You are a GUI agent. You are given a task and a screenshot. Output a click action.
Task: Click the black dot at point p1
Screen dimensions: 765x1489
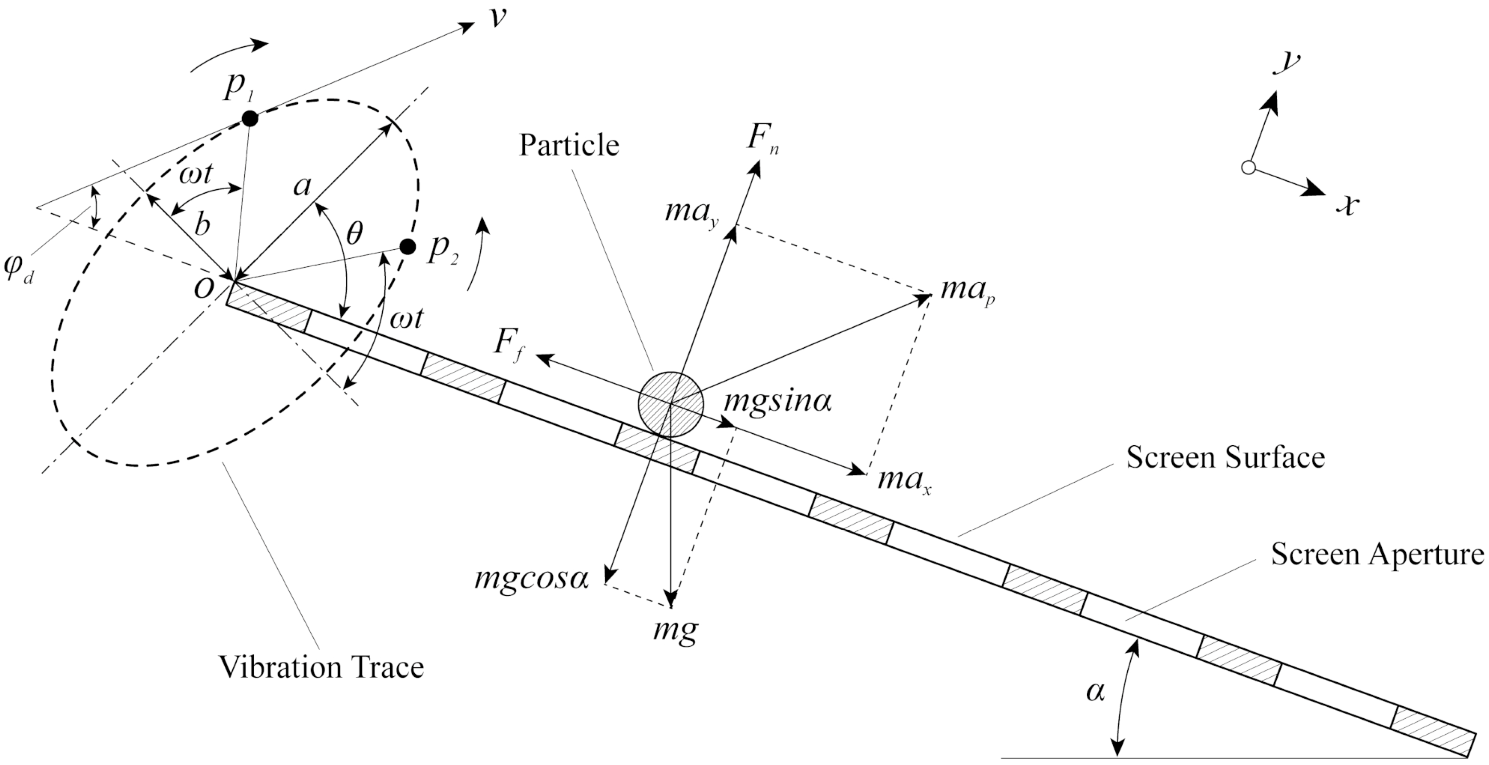(250, 118)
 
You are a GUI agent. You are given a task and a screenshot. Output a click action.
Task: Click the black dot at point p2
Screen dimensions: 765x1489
(408, 247)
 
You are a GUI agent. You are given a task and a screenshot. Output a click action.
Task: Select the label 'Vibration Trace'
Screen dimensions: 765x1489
(321, 667)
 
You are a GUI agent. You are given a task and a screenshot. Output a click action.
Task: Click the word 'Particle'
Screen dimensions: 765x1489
(569, 145)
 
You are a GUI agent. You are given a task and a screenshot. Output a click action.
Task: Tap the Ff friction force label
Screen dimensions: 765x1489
(509, 345)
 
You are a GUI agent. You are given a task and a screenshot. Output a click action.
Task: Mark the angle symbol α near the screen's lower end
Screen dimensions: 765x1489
(1095, 691)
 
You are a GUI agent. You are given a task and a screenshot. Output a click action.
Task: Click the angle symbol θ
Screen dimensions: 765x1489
(353, 234)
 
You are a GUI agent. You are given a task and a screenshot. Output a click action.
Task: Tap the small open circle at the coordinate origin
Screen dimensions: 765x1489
(1248, 168)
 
